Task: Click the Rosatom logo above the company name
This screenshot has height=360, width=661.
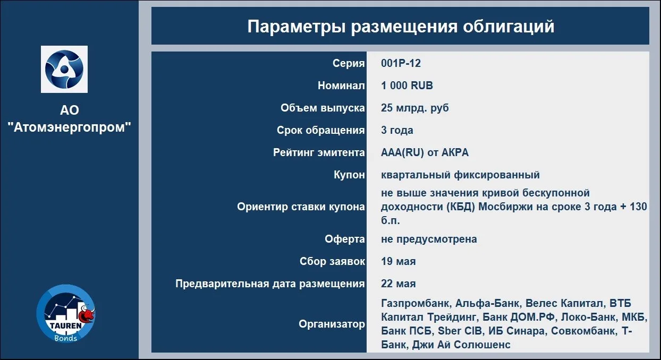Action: [x=64, y=69]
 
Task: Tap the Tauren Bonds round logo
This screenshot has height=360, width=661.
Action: [x=65, y=314]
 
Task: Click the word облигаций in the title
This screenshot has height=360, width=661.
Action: [x=509, y=27]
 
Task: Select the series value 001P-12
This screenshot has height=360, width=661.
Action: [x=401, y=63]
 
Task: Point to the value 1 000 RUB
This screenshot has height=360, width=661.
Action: [x=407, y=85]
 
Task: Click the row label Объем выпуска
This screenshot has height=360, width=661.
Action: [x=323, y=108]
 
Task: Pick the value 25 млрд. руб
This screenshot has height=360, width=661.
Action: [x=414, y=108]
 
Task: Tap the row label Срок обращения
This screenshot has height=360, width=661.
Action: [x=321, y=130]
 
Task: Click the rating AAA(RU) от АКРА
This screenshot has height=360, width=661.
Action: [x=425, y=153]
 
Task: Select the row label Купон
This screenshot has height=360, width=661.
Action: [x=349, y=175]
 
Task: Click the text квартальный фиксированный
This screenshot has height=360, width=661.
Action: [x=460, y=175]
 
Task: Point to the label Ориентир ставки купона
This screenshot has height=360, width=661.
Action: [x=301, y=207]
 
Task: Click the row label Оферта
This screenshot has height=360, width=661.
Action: [x=345, y=239]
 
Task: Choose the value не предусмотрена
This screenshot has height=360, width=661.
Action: [x=429, y=239]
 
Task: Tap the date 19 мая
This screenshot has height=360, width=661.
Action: [x=399, y=261]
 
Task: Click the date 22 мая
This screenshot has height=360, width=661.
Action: [x=399, y=284]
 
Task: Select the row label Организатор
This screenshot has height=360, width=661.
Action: [x=332, y=324]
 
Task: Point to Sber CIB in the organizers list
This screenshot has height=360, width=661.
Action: [x=460, y=331]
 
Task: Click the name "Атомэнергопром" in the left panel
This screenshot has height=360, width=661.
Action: [x=70, y=127]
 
